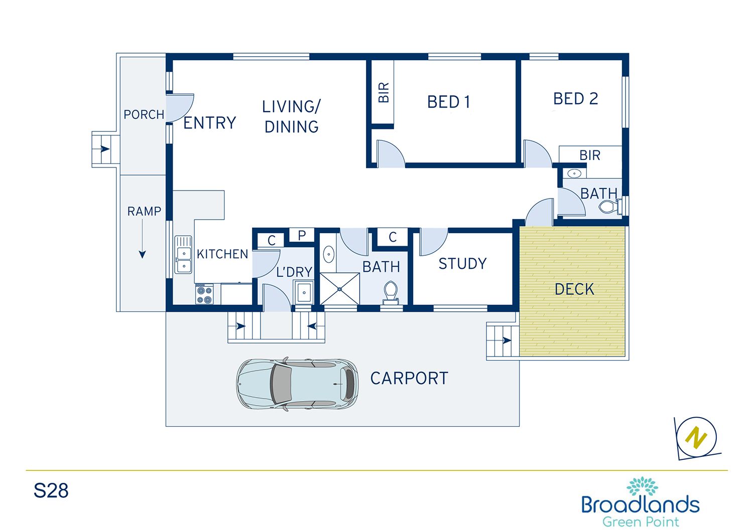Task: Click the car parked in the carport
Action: pyautogui.click(x=297, y=384)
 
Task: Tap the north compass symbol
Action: pyautogui.click(x=697, y=438)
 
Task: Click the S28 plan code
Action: pyautogui.click(x=51, y=490)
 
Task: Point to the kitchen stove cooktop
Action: pyautogui.click(x=204, y=294)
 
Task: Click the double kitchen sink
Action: pyautogui.click(x=183, y=255)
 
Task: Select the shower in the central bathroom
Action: pyautogui.click(x=340, y=289)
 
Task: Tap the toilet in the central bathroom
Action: pyautogui.click(x=390, y=292)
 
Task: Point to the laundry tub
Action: pyautogui.click(x=304, y=292)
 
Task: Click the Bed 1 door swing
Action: pyautogui.click(x=390, y=154)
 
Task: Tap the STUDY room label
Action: pyautogui.click(x=462, y=264)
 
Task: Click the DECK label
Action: pyautogui.click(x=574, y=289)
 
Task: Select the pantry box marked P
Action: pyautogui.click(x=302, y=235)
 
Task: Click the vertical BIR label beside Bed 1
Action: pyautogui.click(x=384, y=93)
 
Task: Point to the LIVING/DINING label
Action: pyautogui.click(x=291, y=116)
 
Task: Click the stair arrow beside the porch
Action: pyautogui.click(x=105, y=149)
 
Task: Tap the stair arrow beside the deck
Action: pyautogui.click(x=507, y=340)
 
